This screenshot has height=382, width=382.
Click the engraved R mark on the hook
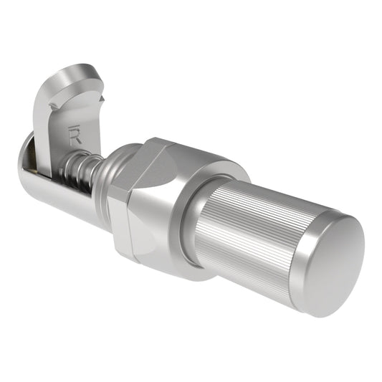[75, 134]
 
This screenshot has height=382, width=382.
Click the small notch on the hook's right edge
[102, 98]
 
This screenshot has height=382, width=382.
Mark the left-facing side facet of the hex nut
[119, 215]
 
